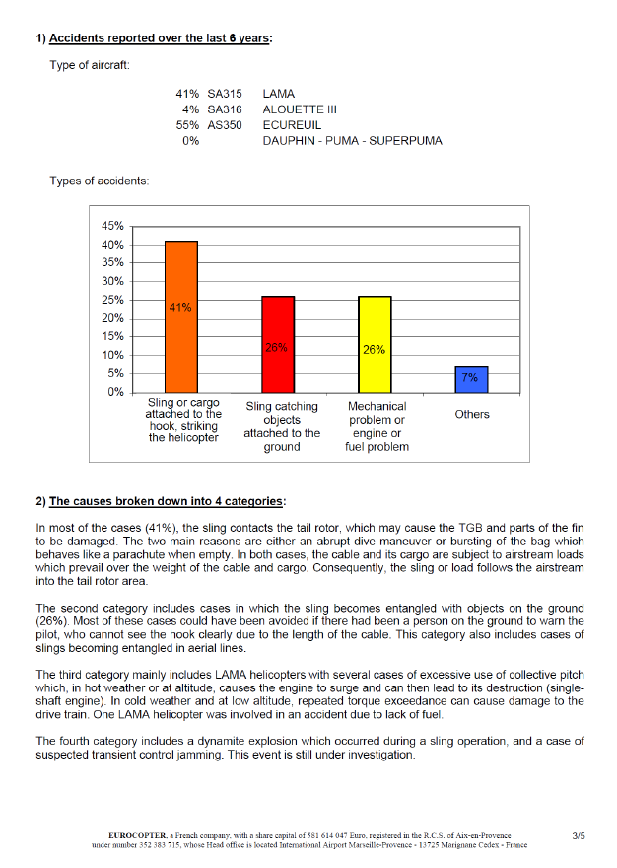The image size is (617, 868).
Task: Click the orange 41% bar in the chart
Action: (x=181, y=316)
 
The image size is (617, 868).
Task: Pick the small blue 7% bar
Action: (x=471, y=379)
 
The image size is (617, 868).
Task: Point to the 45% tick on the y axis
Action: (x=112, y=226)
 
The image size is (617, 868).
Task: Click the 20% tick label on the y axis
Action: (x=112, y=318)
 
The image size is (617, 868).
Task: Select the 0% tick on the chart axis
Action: (x=115, y=392)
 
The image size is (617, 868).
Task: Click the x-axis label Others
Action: (x=472, y=415)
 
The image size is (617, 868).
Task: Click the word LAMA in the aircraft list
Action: (x=279, y=94)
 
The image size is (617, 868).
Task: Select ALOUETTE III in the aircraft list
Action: (x=300, y=109)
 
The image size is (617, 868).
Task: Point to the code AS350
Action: (x=225, y=125)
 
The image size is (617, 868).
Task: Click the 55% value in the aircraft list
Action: (x=187, y=125)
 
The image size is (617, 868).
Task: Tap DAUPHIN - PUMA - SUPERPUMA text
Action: (x=352, y=141)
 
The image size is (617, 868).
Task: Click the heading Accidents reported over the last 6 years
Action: (x=160, y=38)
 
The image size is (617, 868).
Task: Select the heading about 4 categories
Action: (x=167, y=501)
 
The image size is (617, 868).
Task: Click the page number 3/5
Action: (x=579, y=836)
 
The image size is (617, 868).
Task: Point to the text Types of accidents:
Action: (x=100, y=181)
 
